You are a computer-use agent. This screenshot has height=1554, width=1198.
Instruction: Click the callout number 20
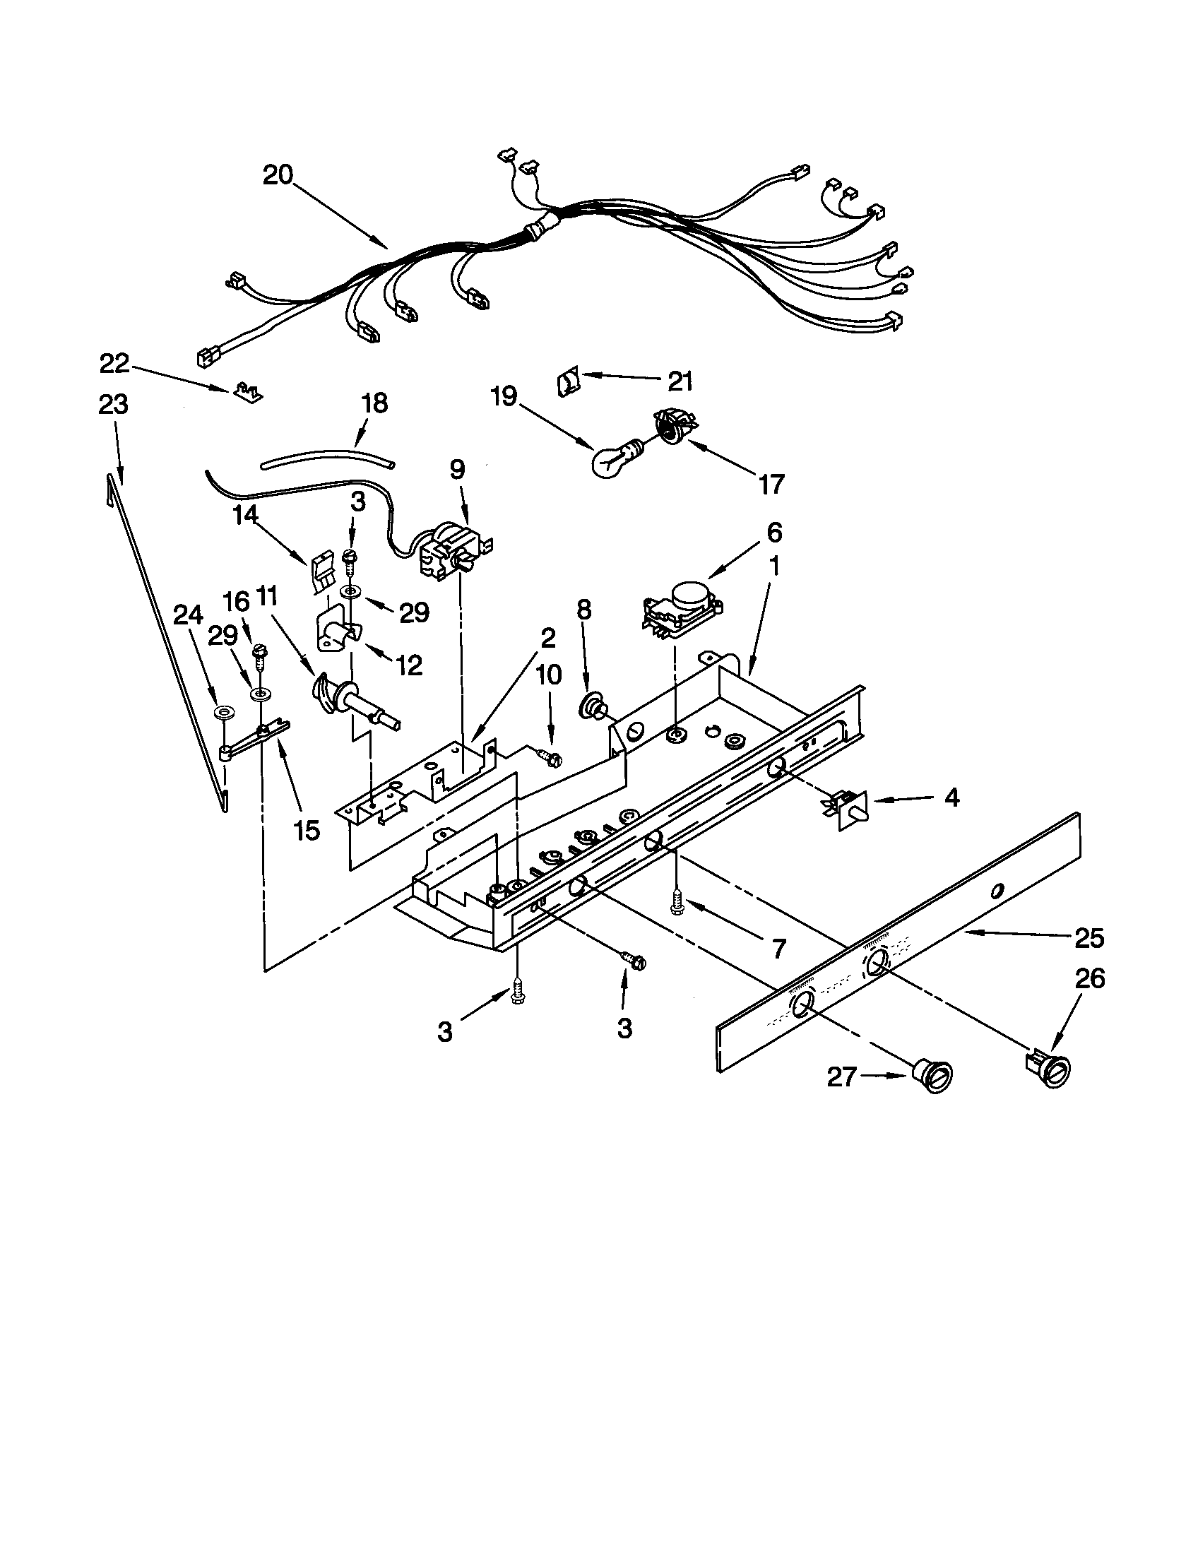coord(278,174)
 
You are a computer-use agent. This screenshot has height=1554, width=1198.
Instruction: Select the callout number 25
coord(1089,939)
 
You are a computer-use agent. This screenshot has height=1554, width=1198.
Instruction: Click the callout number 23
coord(113,404)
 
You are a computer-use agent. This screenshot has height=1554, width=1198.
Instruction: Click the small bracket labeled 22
coord(247,389)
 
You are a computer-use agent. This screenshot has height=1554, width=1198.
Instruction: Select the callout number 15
coord(307,830)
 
